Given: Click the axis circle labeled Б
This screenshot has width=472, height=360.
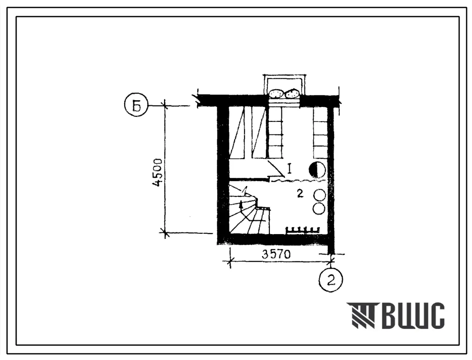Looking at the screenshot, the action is (136, 106).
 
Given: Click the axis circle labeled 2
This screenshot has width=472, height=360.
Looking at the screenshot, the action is (331, 280).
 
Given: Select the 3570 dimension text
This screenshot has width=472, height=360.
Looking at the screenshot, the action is (276, 255).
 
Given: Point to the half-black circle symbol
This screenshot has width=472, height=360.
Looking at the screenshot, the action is (317, 170).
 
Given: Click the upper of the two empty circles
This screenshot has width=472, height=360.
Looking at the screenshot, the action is (320, 195).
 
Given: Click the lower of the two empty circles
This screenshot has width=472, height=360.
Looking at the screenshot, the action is (319, 208).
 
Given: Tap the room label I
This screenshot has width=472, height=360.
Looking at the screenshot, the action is (289, 169).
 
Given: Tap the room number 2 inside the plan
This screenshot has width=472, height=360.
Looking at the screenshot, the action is (300, 194).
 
